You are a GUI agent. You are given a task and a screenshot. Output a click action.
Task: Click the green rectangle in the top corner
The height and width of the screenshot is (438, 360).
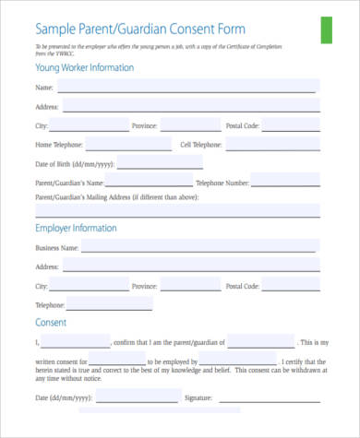pos(326,30)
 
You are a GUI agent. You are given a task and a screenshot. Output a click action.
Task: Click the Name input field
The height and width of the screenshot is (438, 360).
pos(188,87)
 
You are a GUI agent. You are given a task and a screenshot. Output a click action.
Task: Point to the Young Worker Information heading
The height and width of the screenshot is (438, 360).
pos(84,67)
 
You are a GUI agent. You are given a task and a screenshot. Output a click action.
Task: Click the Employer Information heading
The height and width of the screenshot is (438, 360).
pos(76,228)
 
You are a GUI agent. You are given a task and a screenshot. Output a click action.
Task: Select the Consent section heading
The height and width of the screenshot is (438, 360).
pos(51,322)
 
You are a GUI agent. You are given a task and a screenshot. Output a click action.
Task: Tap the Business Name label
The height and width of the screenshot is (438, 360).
pos(56,249)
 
